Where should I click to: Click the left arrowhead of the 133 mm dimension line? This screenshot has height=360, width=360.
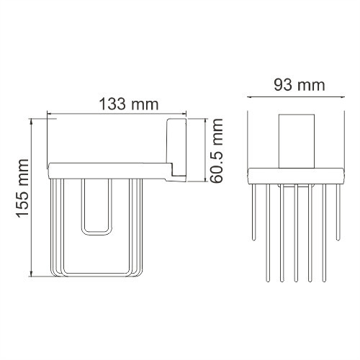pos(50,113)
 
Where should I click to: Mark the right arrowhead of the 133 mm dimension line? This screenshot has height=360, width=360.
pos(184,113)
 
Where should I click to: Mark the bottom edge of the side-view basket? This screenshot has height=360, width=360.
pos(94,274)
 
